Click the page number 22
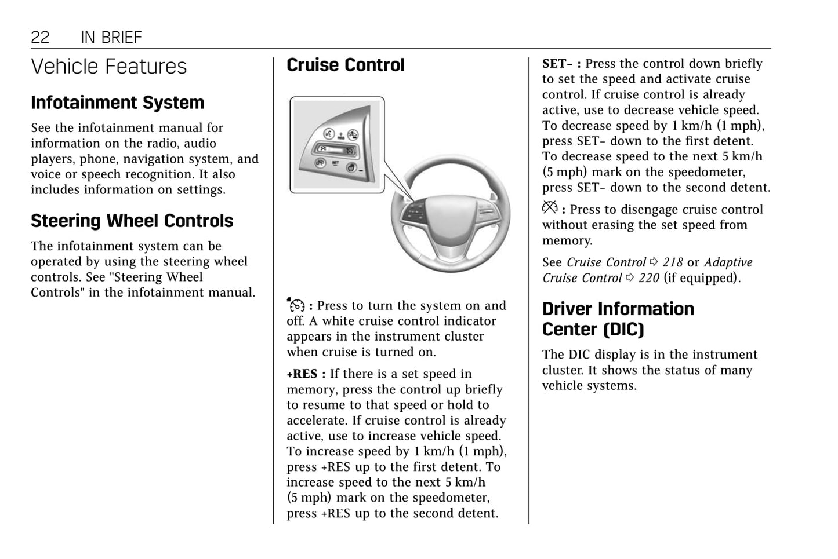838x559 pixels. tap(40, 38)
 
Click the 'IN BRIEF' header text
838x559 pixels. tap(111, 38)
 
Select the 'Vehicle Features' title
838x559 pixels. tap(109, 67)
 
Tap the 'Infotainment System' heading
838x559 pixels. tap(118, 103)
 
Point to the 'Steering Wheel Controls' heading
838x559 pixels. tap(132, 221)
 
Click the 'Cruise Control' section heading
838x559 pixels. tap(346, 65)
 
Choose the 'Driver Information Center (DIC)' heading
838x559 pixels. tap(618, 319)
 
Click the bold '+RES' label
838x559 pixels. tap(302, 374)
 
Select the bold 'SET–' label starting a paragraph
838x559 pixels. tap(557, 64)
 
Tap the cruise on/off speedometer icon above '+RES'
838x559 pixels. tap(295, 304)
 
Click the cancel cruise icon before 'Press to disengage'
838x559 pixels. tap(550, 207)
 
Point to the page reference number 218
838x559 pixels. tap(673, 262)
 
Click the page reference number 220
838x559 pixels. tap(649, 278)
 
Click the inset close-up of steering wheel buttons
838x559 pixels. tap(337, 145)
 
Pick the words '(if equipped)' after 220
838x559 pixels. tap(702, 278)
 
